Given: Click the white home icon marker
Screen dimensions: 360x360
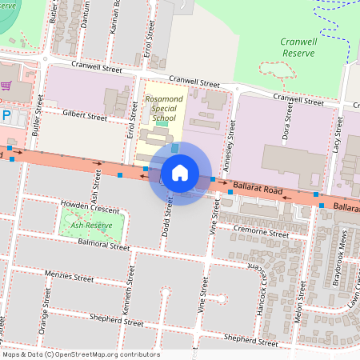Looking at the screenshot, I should pos(180,173).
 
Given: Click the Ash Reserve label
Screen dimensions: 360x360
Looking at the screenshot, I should pos(91,226).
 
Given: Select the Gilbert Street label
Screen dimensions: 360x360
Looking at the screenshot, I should pos(85,117).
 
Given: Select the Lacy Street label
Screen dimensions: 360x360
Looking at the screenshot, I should pos(338,130).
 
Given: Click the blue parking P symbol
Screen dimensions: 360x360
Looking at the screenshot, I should pos(6,117).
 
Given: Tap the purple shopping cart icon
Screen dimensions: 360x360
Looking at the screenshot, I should pos(6,86).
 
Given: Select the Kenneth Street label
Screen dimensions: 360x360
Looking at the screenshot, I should pos(126,295).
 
